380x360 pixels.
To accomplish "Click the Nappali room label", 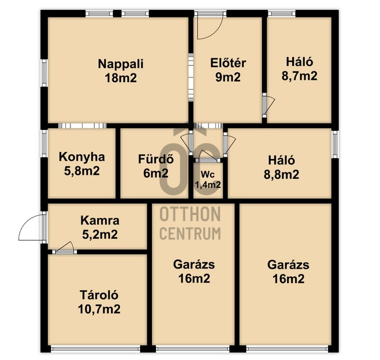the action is pyautogui.click(x=120, y=64).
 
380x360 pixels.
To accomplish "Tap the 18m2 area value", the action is pyautogui.click(x=120, y=78).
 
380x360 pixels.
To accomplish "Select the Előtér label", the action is pyautogui.click(x=228, y=63).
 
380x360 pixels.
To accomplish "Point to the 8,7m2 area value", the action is pyautogui.click(x=299, y=76).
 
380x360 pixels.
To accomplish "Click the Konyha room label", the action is pyautogui.click(x=82, y=157).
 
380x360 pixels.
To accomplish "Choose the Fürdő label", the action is pyautogui.click(x=156, y=159).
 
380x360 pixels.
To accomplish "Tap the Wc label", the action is pyautogui.click(x=208, y=174).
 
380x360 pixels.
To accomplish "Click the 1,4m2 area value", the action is pyautogui.click(x=208, y=185).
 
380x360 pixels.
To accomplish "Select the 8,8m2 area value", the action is pyautogui.click(x=282, y=174).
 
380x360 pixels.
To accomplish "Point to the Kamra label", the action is pyautogui.click(x=100, y=221).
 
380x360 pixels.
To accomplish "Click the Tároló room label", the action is pyautogui.click(x=99, y=295).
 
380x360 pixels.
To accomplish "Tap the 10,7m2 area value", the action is pyautogui.click(x=99, y=309).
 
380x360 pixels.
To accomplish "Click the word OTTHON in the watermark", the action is pyautogui.click(x=190, y=214).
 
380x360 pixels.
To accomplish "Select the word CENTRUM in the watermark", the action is pyautogui.click(x=190, y=234).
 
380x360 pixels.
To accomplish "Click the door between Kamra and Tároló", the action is pyautogui.click(x=65, y=248).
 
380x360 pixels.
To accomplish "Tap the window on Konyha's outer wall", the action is pyautogui.click(x=44, y=144).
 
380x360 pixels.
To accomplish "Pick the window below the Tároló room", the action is pyautogui.click(x=95, y=349).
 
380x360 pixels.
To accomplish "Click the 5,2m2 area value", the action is pyautogui.click(x=100, y=235).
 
